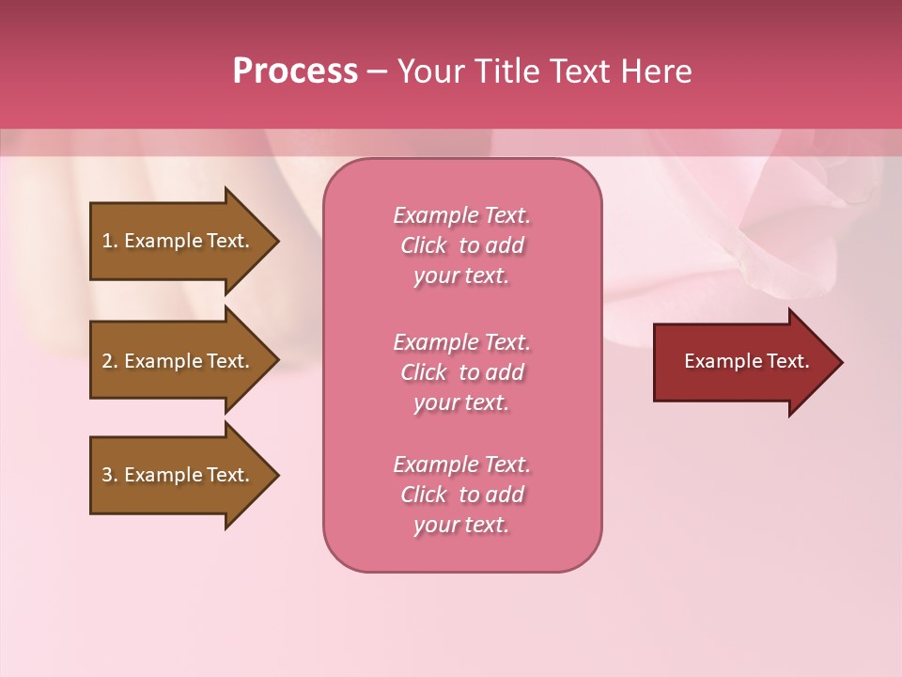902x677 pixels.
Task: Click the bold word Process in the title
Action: coord(295,71)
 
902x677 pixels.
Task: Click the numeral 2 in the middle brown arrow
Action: coord(107,361)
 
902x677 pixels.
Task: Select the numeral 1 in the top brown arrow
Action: coord(107,241)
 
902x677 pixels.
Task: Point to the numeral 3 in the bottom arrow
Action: coord(107,475)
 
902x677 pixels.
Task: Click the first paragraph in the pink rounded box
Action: coord(461,245)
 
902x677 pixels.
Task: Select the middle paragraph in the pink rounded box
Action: coord(461,372)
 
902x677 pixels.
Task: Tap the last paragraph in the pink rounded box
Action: coord(461,495)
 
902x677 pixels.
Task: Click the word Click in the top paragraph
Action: coord(424,245)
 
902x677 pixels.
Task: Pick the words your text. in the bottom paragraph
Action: coord(461,525)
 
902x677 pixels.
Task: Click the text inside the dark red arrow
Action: coord(747,361)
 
